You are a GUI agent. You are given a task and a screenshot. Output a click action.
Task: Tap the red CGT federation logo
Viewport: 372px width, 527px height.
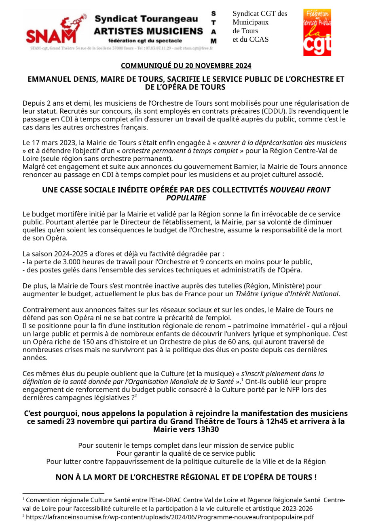click(317, 32)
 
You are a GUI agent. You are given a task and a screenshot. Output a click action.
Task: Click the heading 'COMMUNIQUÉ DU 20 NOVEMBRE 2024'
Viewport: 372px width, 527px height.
click(186, 66)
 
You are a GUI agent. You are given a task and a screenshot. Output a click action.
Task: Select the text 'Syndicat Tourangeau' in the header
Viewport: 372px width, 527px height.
click(146, 19)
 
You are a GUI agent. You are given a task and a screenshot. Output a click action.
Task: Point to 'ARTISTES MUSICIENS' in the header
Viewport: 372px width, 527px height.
click(148, 31)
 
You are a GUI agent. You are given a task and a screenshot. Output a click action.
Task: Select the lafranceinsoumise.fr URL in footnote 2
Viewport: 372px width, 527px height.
click(170, 517)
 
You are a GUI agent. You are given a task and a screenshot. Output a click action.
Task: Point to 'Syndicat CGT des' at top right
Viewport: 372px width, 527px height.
click(260, 13)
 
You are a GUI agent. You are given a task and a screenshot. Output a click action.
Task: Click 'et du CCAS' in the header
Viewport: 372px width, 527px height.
click(250, 39)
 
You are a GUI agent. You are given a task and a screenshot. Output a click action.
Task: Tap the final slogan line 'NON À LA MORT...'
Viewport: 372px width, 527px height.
click(186, 477)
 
